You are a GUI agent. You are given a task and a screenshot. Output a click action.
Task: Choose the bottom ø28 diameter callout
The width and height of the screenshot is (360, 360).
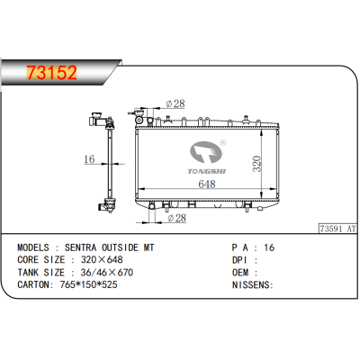(x=176, y=217)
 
